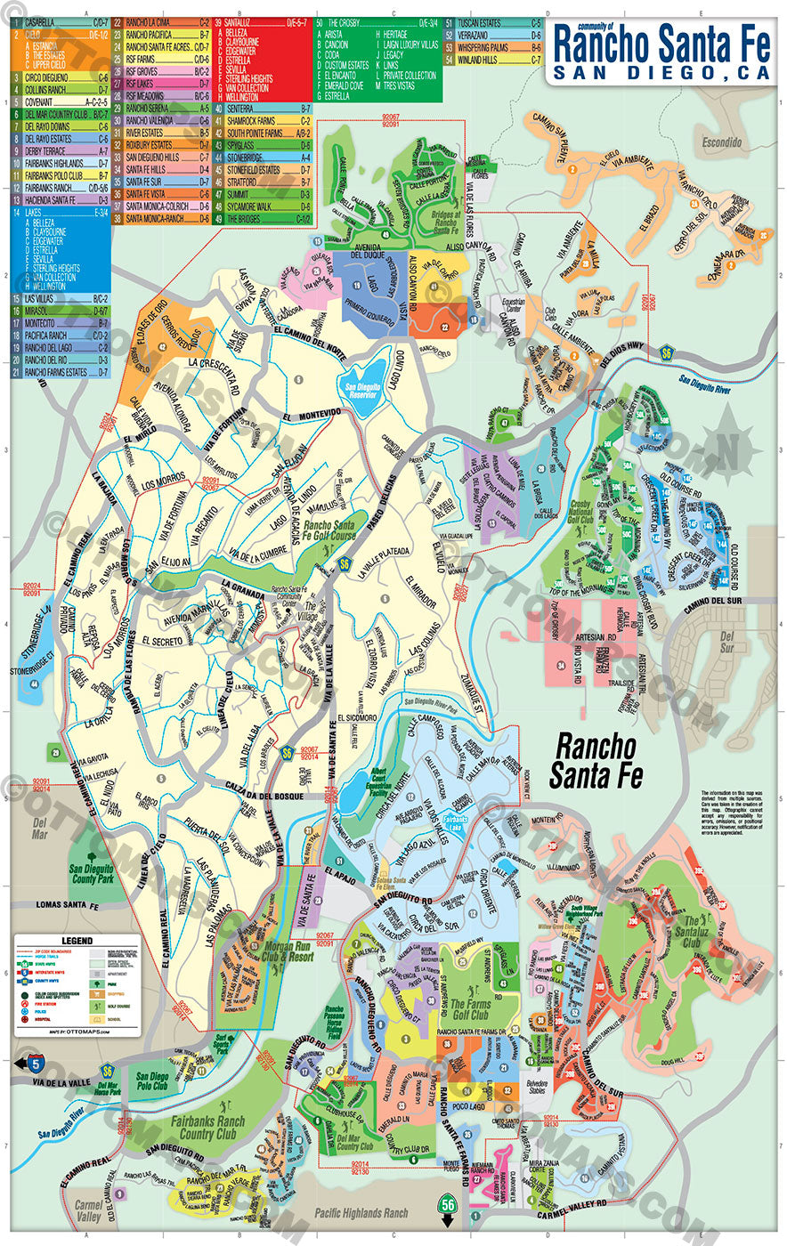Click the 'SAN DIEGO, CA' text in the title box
[662, 72]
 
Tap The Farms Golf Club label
[469, 1009]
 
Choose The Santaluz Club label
[703, 932]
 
